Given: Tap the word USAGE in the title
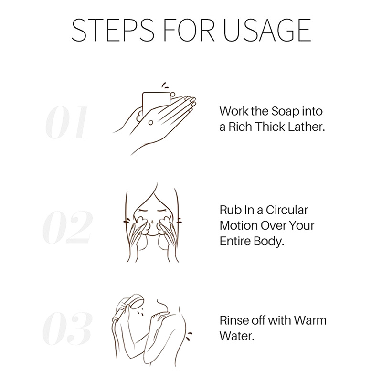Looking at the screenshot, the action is point(267,30).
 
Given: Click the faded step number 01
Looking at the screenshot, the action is point(66,122).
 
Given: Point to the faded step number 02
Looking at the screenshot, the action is point(67,227).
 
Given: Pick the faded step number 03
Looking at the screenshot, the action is point(67,328).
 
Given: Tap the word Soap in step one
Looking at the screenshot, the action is point(285,111).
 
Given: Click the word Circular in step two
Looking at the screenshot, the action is point(287,210).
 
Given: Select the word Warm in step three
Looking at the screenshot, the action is point(310,320).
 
